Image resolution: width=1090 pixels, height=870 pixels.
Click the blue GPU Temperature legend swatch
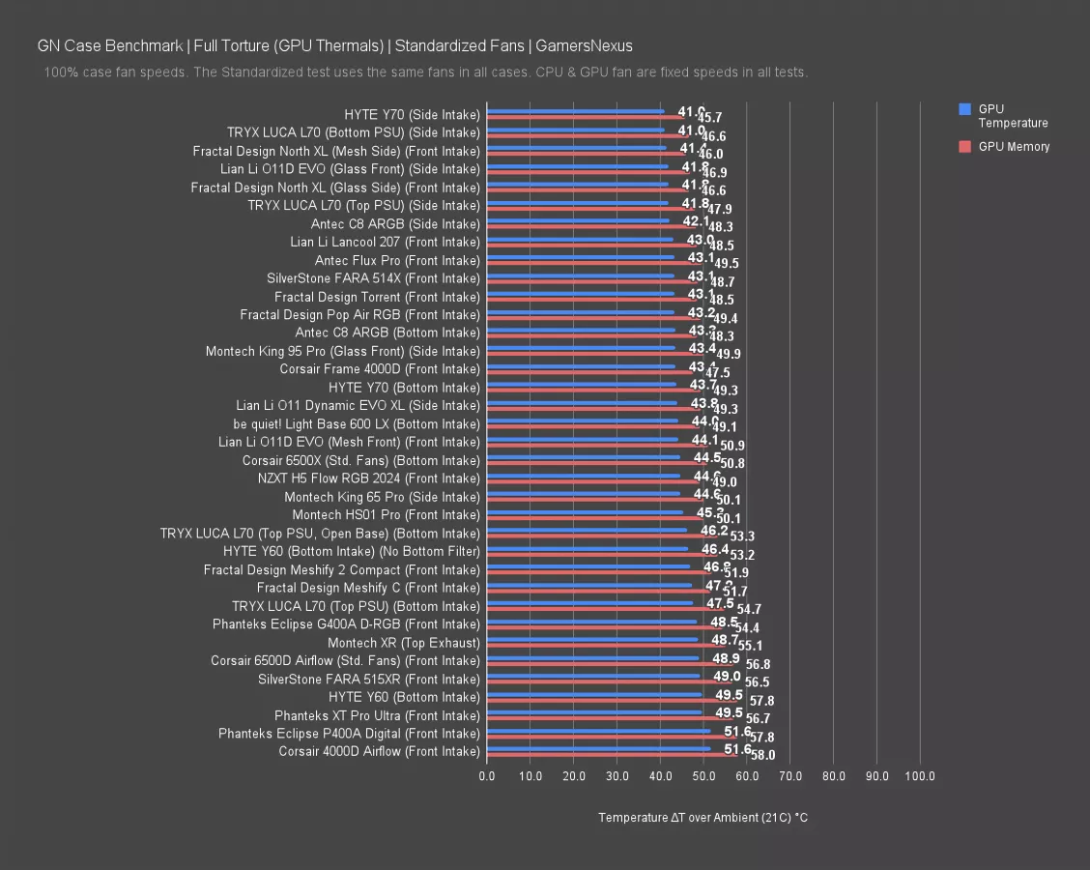point(964,109)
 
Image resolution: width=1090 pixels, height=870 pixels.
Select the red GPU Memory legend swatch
point(964,147)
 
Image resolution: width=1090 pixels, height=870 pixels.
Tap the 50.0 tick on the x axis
point(703,776)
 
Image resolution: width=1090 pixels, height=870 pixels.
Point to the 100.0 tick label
point(920,776)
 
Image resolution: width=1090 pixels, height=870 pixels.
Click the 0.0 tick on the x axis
point(487,776)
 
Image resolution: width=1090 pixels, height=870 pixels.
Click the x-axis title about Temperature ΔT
point(703,818)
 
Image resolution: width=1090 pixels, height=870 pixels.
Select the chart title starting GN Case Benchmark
point(335,45)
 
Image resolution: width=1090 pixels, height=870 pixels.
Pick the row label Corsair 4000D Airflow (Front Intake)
point(379,751)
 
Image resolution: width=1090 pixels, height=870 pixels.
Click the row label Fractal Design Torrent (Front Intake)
point(377,297)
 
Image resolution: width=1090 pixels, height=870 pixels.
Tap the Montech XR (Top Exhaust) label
point(403,643)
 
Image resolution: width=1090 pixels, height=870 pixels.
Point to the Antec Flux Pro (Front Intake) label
point(397,261)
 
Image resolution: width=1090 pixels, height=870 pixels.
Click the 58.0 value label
point(762,755)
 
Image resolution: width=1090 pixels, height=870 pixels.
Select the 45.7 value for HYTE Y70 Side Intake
point(710,118)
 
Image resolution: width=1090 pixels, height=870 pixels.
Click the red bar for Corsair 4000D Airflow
point(612,755)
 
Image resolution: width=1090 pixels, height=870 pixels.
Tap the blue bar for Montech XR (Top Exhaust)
point(591,639)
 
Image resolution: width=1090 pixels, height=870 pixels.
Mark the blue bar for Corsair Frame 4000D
point(581,366)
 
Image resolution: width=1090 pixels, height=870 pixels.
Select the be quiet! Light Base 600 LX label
point(356,424)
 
